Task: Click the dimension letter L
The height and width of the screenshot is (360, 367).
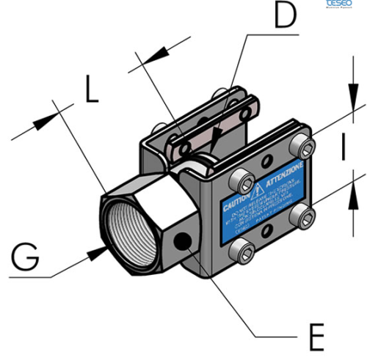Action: point(90,89)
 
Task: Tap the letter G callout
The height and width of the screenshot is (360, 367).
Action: point(28,258)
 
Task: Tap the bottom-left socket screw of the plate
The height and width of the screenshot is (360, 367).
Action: point(243,252)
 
